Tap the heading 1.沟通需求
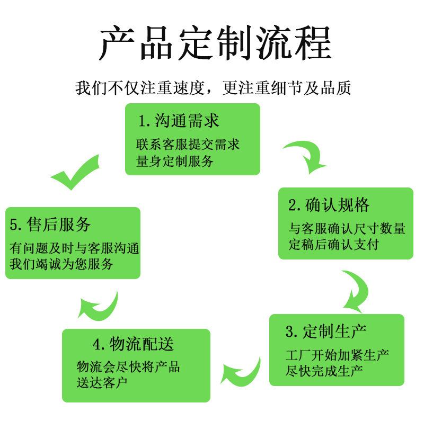[179, 121]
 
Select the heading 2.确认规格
[329, 205]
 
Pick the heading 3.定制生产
[326, 332]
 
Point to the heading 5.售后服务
[51, 224]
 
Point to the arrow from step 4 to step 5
[99, 305]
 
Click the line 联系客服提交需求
[188, 145]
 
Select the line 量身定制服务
[175, 161]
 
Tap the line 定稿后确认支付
[333, 245]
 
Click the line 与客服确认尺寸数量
[347, 228]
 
